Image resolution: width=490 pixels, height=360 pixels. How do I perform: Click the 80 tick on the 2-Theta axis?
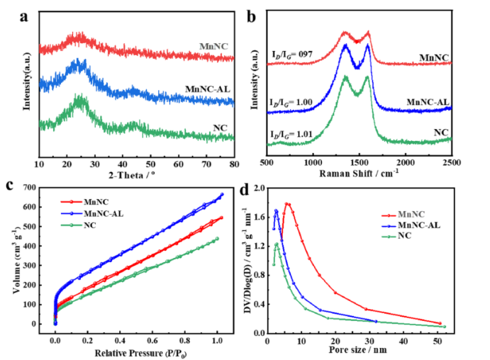[233, 164]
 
